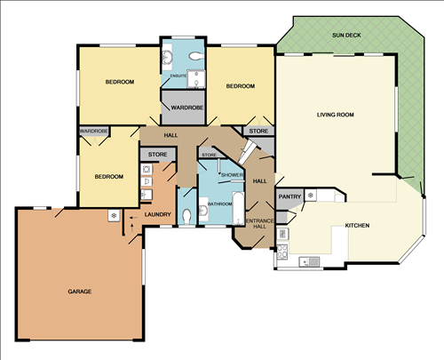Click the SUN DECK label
click(346, 36)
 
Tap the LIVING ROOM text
click(336, 115)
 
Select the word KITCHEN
click(357, 226)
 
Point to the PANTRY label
click(289, 196)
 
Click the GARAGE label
click(80, 292)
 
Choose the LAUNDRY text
click(158, 214)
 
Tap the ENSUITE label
click(178, 76)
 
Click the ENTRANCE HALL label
click(260, 224)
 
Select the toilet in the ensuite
click(196, 56)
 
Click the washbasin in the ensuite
click(167, 56)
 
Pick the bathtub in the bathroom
click(238, 208)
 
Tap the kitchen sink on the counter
click(309, 261)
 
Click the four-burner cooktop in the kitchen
click(282, 252)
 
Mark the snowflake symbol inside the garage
click(114, 215)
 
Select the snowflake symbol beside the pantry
click(311, 196)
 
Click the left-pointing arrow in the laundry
click(134, 218)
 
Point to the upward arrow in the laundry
click(132, 228)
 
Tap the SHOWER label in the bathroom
click(232, 175)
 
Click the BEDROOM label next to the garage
click(109, 177)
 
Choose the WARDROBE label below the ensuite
click(187, 108)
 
